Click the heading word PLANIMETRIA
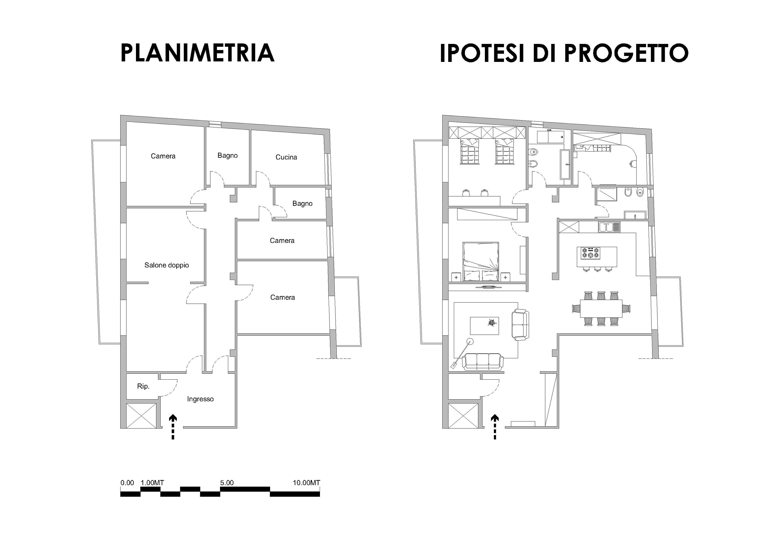tap(197, 53)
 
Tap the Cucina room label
tap(286, 157)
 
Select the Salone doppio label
tap(167, 265)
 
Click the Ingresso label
tap(200, 399)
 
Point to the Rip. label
tap(143, 386)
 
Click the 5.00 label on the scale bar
tap(227, 483)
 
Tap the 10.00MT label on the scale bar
tap(306, 483)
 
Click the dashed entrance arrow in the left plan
tap(173, 426)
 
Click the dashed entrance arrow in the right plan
tap(495, 426)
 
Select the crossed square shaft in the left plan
tap(141, 416)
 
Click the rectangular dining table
tap(601, 308)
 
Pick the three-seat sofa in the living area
tap(483, 362)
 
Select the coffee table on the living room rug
tap(484, 325)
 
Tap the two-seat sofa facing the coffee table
tap(520, 325)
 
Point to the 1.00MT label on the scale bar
tap(152, 483)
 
